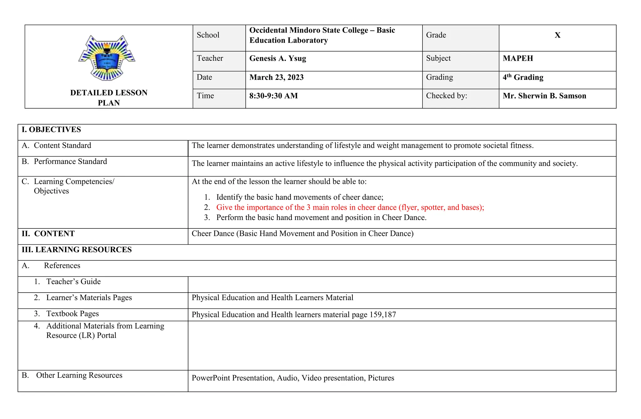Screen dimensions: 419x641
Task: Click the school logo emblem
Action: pyautogui.click(x=107, y=58)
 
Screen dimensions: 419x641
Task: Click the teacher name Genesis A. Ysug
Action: pyautogui.click(x=278, y=59)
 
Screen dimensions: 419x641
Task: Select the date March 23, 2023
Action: pyautogui.click(x=276, y=78)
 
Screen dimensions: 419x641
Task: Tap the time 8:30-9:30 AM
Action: pyautogui.click(x=274, y=96)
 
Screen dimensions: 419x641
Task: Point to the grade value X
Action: pyautogui.click(x=557, y=35)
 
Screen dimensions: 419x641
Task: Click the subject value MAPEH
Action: pyautogui.click(x=518, y=59)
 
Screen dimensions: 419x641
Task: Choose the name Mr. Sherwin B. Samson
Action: pyautogui.click(x=544, y=96)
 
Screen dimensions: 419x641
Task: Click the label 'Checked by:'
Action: pyautogui.click(x=446, y=96)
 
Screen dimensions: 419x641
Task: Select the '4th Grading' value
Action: pyautogui.click(x=523, y=78)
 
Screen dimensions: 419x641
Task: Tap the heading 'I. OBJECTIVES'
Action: pyautogui.click(x=51, y=130)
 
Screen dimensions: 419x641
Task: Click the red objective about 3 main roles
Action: pyautogui.click(x=350, y=207)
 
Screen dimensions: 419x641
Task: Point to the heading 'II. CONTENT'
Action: pyautogui.click(x=48, y=234)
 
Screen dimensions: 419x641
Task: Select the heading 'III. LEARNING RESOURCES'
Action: pyautogui.click(x=77, y=250)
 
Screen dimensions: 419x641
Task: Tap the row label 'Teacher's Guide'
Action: pyautogui.click(x=74, y=282)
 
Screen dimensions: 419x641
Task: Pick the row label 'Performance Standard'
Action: pyautogui.click(x=70, y=161)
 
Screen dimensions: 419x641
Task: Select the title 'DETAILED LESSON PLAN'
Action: pyautogui.click(x=109, y=98)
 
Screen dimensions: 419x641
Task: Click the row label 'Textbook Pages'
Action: pyautogui.click(x=73, y=314)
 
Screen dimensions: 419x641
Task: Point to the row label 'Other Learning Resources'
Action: pyautogui.click(x=79, y=375)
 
